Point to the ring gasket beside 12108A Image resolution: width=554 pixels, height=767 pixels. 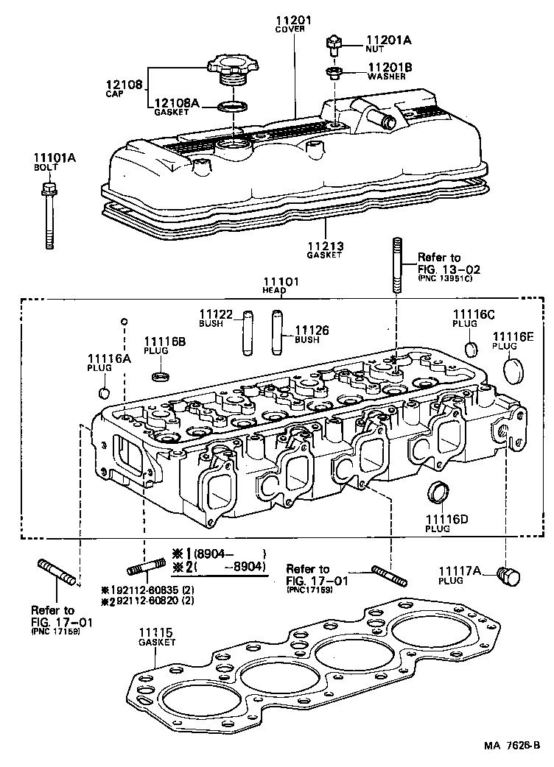pyautogui.click(x=233, y=107)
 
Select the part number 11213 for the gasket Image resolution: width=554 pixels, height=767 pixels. pyautogui.click(x=324, y=246)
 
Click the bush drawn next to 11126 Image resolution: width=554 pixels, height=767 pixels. pyautogui.click(x=278, y=333)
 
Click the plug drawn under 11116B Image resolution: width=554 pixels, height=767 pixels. pyautogui.click(x=157, y=377)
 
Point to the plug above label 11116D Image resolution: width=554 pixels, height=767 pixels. pyautogui.click(x=439, y=493)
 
